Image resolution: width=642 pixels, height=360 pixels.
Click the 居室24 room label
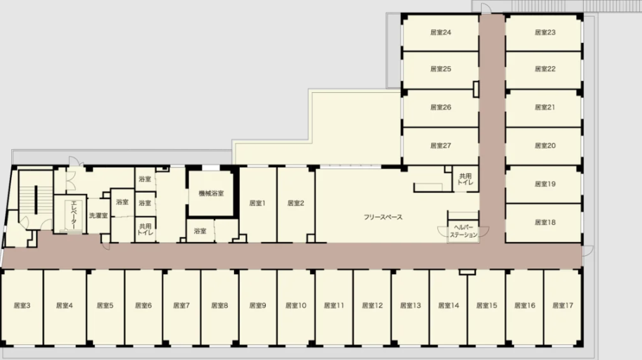point(441,32)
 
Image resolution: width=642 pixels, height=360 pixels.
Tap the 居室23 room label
point(545,32)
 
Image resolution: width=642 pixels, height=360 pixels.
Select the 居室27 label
point(441,146)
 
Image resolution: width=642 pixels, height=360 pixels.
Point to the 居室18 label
point(545,222)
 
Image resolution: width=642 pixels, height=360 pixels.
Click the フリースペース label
point(383,217)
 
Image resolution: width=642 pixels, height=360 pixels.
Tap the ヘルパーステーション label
point(463,231)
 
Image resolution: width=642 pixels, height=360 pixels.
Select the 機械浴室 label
point(211,193)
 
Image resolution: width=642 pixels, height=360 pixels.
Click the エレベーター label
point(74,214)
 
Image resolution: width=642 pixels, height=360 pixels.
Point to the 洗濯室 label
point(98,215)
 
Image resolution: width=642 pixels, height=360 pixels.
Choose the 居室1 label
point(257,203)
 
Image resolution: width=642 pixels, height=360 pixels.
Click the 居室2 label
point(295,203)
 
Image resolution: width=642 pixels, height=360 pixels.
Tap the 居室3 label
point(22,306)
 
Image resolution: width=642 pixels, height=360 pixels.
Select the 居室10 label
point(295,306)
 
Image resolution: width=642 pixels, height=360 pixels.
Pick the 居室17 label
point(563,306)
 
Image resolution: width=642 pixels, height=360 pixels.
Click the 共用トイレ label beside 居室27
point(465,179)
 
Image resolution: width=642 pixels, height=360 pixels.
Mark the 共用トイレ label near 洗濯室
point(146,229)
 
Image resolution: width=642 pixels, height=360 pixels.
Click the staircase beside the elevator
point(36,200)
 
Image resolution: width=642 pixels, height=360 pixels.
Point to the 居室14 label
point(449,306)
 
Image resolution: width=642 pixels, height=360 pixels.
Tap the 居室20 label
point(545,146)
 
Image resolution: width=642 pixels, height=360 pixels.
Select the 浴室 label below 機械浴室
point(200,231)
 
